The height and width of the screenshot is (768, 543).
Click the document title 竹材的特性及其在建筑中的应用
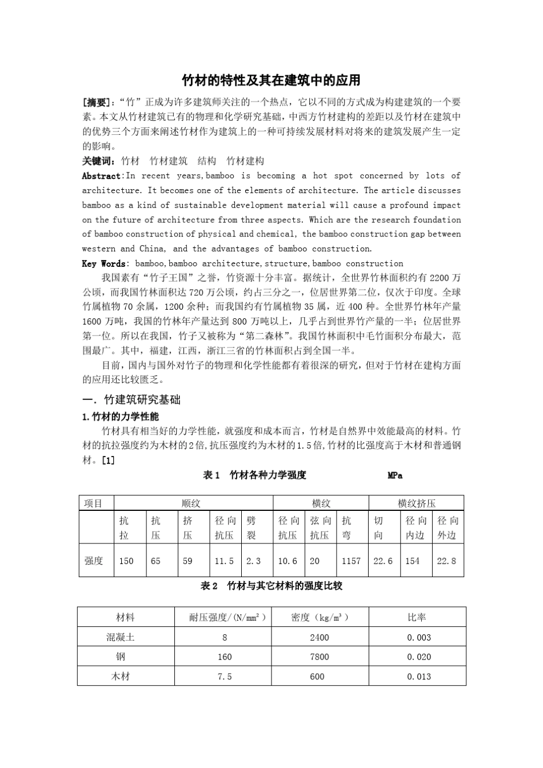[271, 79]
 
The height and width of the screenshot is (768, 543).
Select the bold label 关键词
[98, 161]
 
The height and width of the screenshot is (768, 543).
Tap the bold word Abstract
[101, 176]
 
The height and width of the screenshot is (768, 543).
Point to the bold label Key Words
[103, 263]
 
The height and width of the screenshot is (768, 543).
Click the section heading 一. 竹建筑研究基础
[131, 400]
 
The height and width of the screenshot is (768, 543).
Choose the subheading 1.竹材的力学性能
[121, 417]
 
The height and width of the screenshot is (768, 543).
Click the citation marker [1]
[108, 460]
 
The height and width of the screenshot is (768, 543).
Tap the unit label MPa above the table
[395, 475]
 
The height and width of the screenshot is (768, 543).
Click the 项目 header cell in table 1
[94, 503]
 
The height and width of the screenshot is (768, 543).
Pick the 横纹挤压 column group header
[416, 503]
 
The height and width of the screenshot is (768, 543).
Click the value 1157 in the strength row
[351, 561]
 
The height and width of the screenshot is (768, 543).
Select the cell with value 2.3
[253, 561]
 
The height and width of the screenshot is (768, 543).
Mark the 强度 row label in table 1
[94, 561]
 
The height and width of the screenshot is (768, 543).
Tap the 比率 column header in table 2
[417, 617]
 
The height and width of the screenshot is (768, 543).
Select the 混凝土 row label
[121, 637]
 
